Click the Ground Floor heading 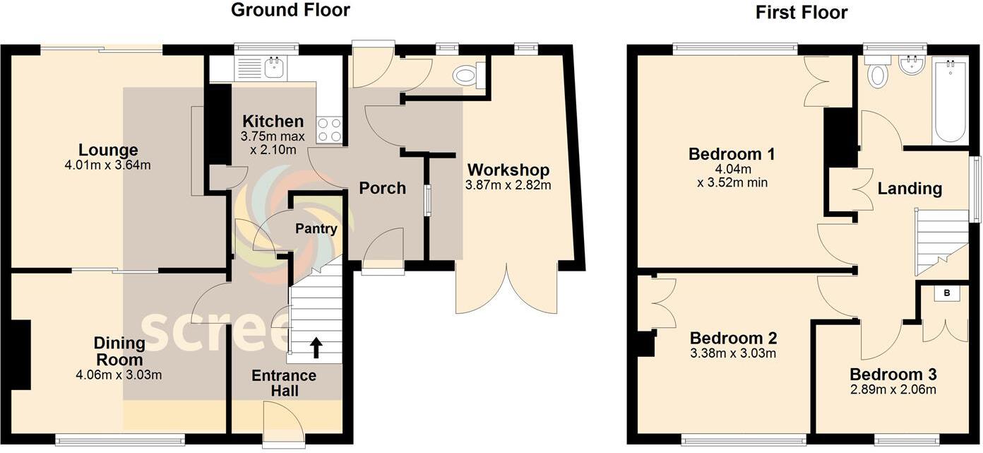click(x=290, y=10)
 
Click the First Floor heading click(x=801, y=12)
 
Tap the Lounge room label click(x=108, y=150)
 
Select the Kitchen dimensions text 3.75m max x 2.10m click(x=274, y=143)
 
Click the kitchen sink click(x=273, y=68)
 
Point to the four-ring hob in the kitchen click(x=330, y=131)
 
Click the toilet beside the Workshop click(x=467, y=75)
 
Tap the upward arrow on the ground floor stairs click(x=316, y=348)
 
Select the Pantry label click(x=316, y=229)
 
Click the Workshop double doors click(x=506, y=290)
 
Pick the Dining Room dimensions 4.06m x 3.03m click(x=119, y=375)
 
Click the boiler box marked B click(x=946, y=293)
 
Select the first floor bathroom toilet click(x=878, y=74)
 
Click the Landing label click(x=910, y=189)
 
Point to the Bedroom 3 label click(x=893, y=375)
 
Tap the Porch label click(x=383, y=188)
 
